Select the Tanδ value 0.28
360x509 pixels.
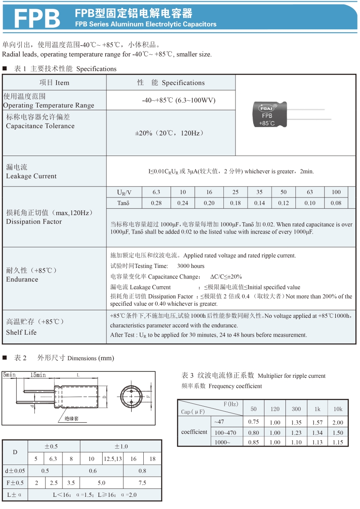pos(156,203)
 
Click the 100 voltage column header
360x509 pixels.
pos(336,192)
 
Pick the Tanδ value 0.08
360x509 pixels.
pos(336,203)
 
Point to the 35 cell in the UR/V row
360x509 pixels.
pos(259,192)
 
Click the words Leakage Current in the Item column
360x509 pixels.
pos(31,176)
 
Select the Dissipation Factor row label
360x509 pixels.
pos(34,221)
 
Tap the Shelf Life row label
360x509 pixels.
pos(21,332)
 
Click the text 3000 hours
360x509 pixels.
pos(191,266)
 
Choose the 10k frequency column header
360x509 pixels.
pos(338,409)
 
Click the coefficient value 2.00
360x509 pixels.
pos(338,423)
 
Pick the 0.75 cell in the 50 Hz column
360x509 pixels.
pos(254,422)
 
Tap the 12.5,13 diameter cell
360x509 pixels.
pos(113,459)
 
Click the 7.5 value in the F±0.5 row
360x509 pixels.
pos(142,483)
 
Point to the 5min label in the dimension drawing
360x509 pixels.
pos(10,375)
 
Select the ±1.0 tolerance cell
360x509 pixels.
pos(121,446)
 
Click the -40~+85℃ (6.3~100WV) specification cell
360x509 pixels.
pos(179,100)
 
